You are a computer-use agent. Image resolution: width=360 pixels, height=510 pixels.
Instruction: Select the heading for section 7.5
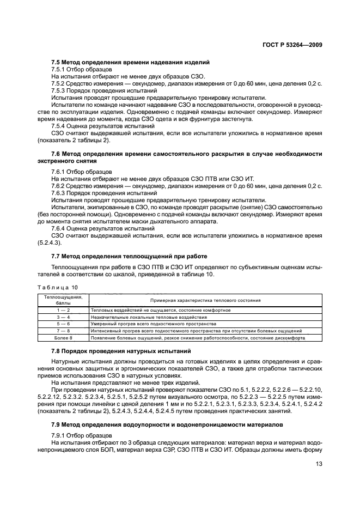pyautogui.click(x=130, y=63)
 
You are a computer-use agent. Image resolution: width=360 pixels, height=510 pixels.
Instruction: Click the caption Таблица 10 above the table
pyautogui.click(x=58, y=286)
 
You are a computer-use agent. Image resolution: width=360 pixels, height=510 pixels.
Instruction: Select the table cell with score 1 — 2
pyautogui.click(x=63, y=309)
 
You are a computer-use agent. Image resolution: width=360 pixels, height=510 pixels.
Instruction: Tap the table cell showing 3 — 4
pyautogui.click(x=63, y=317)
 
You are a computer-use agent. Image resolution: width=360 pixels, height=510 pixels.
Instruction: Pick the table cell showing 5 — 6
pyautogui.click(x=63, y=324)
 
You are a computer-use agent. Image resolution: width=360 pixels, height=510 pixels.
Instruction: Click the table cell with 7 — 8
pyautogui.click(x=63, y=331)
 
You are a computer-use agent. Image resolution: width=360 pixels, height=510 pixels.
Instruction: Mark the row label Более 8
pyautogui.click(x=63, y=338)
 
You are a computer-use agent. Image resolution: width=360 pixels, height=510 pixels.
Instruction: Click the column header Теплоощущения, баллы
pyautogui.click(x=63, y=300)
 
